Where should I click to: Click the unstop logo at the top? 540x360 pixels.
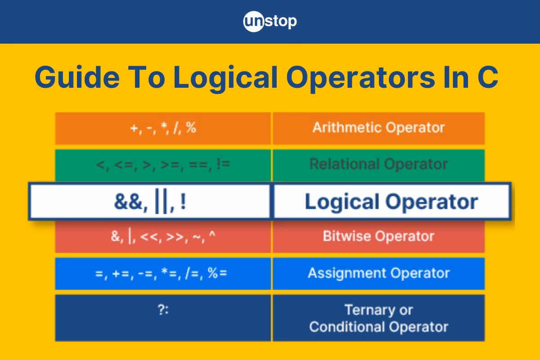[x=270, y=22]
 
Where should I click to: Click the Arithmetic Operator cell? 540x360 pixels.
[x=378, y=128]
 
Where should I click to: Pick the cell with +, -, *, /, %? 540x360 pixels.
[x=163, y=128]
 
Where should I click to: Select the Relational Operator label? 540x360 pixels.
[x=378, y=164]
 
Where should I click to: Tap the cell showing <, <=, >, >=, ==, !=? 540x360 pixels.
[x=163, y=164]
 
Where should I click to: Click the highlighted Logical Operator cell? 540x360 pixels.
[x=391, y=202]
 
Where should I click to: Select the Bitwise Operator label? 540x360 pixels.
[x=378, y=236]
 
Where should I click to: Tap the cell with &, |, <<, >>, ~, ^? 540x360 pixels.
[x=163, y=236]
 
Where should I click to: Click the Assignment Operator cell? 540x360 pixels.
[x=378, y=273]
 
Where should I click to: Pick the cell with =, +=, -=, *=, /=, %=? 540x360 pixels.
[x=163, y=273]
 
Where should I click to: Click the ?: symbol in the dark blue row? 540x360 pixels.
[x=163, y=310]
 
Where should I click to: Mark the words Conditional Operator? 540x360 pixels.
[x=378, y=327]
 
